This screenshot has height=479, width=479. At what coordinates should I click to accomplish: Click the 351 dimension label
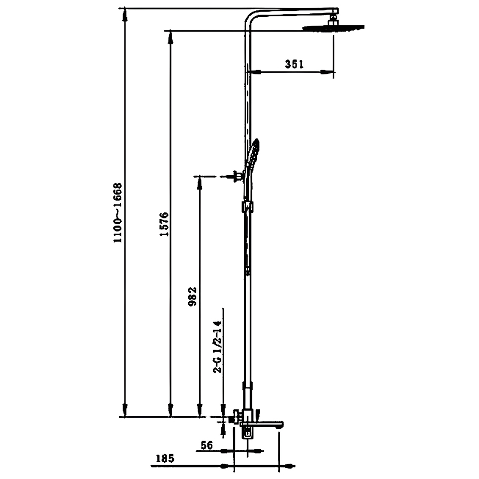pos(294,64)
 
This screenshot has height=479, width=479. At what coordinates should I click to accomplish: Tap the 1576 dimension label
pos(165,224)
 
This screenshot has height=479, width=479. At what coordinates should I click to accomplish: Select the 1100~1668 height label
pos(118,213)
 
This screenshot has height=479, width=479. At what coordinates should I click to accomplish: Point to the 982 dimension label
pos(193,297)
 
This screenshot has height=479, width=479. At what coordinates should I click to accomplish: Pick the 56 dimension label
pos(207,445)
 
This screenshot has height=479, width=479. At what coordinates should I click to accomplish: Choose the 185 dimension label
pos(165,458)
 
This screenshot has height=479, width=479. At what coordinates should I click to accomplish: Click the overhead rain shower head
pos(333,27)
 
